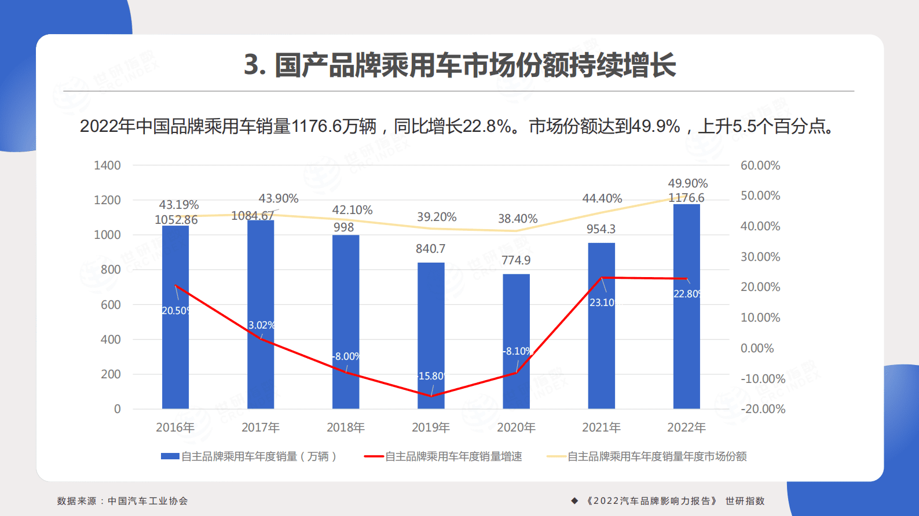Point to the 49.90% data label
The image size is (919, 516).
pyautogui.click(x=687, y=183)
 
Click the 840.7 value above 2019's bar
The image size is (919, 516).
pyautogui.click(x=430, y=249)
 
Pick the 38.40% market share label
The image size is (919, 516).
pyautogui.click(x=517, y=219)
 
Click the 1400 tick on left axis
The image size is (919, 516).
pyautogui.click(x=107, y=165)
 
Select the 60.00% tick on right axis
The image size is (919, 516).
pyautogui.click(x=760, y=165)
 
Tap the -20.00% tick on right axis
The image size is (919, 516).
pyautogui.click(x=763, y=409)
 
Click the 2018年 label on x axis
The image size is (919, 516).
pyautogui.click(x=345, y=427)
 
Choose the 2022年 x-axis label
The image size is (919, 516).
pyautogui.click(x=686, y=427)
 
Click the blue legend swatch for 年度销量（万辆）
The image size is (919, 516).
pyautogui.click(x=170, y=456)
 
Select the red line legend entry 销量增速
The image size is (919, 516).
pyautogui.click(x=443, y=456)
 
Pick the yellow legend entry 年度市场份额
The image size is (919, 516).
pyautogui.click(x=647, y=456)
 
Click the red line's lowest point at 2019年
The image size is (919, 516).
pyautogui.click(x=431, y=396)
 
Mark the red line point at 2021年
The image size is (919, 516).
pyautogui.click(x=602, y=278)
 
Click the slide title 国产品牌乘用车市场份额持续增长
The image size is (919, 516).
pyautogui.click(x=460, y=65)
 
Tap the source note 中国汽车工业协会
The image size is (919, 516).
pyautogui.click(x=148, y=501)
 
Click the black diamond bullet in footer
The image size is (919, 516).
pyautogui.click(x=574, y=501)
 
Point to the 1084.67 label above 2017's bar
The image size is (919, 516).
pyautogui.click(x=252, y=216)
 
